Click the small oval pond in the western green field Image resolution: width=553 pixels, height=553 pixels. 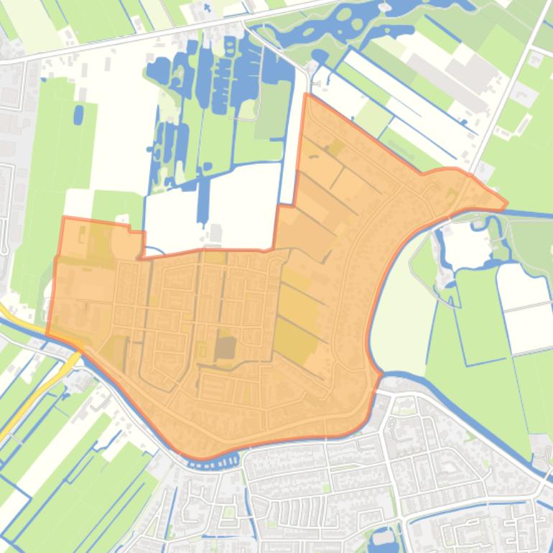78,114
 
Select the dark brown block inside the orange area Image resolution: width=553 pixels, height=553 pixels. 226,348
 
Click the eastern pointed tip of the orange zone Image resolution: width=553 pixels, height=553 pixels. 506,204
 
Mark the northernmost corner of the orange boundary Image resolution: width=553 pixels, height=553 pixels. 307,94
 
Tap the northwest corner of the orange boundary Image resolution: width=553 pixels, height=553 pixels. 64,218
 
